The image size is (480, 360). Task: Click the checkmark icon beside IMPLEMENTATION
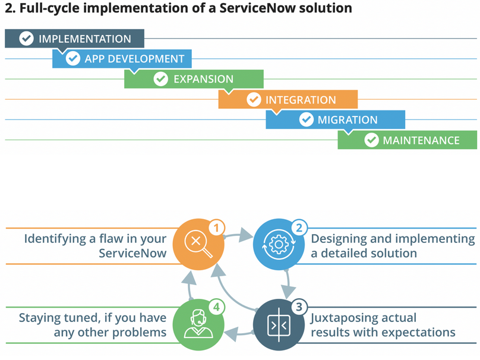click(x=26, y=39)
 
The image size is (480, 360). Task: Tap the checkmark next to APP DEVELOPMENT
click(x=73, y=58)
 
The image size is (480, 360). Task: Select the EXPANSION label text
click(x=204, y=79)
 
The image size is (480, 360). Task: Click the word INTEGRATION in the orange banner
click(x=301, y=100)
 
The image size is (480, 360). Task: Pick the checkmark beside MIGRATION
click(x=307, y=119)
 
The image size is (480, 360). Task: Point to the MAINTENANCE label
click(x=421, y=140)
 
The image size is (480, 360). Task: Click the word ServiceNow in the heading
click(x=257, y=8)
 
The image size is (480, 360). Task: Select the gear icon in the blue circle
click(x=279, y=244)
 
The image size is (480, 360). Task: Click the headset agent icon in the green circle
click(x=198, y=324)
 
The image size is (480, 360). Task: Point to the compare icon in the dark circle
click(x=279, y=324)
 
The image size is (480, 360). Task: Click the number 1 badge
click(x=217, y=228)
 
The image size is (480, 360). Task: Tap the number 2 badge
click(x=299, y=228)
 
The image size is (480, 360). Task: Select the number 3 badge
click(x=299, y=307)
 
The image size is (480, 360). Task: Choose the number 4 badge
click(x=217, y=307)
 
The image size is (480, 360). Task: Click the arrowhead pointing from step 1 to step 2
click(x=245, y=235)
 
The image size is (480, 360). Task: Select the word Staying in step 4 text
click(x=38, y=318)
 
